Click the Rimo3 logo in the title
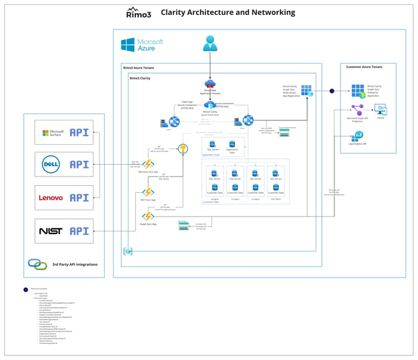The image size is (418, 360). [x=138, y=12]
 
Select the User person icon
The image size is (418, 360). [x=210, y=44]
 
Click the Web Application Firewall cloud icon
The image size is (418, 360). [x=210, y=84]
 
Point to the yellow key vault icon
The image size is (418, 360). [x=183, y=149]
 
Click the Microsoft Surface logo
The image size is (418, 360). [x=53, y=132]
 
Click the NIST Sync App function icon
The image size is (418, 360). [x=148, y=193]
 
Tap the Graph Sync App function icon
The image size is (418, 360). [x=148, y=216]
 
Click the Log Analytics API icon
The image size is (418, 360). [x=358, y=136]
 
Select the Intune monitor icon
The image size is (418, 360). [x=380, y=110]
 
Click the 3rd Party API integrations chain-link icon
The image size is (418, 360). [x=37, y=264]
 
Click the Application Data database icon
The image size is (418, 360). [x=231, y=145]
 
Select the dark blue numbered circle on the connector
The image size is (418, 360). [x=332, y=91]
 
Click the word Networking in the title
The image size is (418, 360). [x=271, y=12]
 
